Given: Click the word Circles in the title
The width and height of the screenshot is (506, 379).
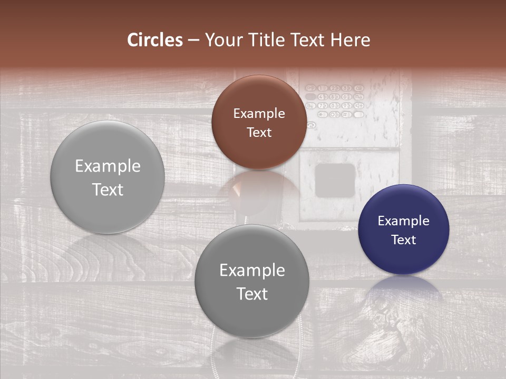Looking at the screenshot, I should (x=155, y=40).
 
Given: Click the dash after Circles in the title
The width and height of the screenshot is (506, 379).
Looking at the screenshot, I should (x=193, y=41).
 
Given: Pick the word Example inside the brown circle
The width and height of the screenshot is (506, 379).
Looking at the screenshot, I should (x=259, y=114).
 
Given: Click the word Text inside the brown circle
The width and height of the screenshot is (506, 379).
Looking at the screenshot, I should (x=259, y=132).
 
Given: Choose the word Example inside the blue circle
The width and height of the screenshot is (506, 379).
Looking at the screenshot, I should (x=403, y=221).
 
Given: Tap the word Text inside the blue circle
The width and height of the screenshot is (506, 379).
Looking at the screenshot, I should (x=403, y=240).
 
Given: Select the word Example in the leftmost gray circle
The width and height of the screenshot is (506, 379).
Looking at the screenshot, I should (x=108, y=166).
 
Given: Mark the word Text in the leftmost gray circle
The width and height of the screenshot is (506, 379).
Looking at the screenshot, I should (x=108, y=189).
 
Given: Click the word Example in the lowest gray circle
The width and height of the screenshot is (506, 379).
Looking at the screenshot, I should (x=252, y=271).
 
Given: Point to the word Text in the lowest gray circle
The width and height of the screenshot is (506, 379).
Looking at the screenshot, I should (x=252, y=294).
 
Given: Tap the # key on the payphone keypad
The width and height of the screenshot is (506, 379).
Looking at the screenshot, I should (x=346, y=114).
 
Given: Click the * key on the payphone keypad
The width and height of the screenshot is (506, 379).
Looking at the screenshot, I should (x=322, y=114).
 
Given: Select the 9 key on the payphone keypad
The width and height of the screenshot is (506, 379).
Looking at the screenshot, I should (x=346, y=105).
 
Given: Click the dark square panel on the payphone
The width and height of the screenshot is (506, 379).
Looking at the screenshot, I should (x=335, y=180).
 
